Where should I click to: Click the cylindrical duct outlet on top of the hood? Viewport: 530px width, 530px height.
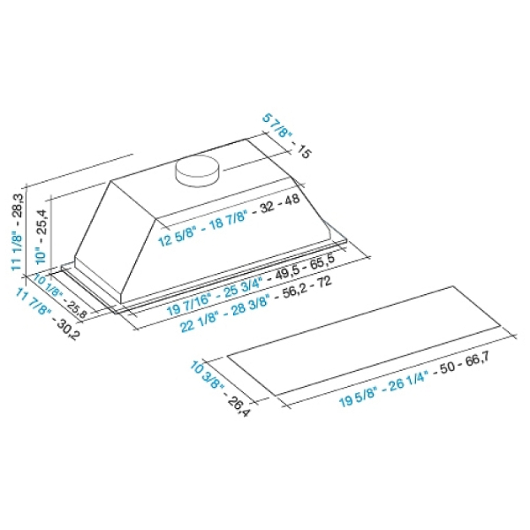(x=196, y=170)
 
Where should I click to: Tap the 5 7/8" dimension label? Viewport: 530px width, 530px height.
(x=276, y=125)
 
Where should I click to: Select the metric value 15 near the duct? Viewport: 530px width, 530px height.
(x=303, y=151)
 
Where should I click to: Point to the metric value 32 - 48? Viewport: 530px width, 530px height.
(x=280, y=203)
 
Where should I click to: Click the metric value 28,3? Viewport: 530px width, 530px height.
(x=18, y=203)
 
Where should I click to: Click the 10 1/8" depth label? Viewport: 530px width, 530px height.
(x=49, y=285)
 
